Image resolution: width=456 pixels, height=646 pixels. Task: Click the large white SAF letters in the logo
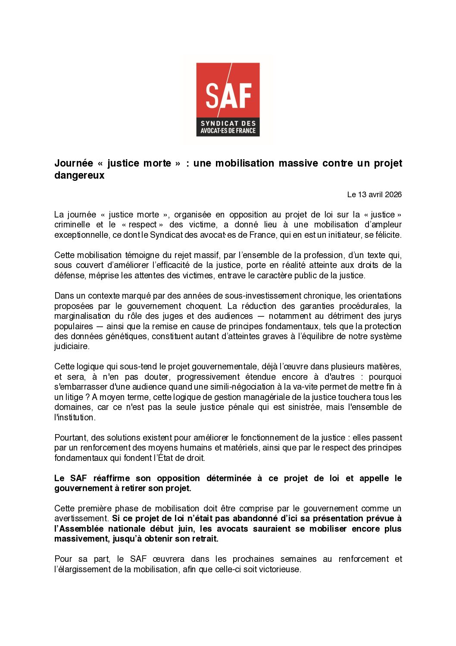click(228, 96)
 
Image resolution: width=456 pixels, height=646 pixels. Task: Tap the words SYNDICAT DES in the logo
click(228, 123)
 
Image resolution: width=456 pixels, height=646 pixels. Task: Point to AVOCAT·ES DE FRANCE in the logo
click(228, 131)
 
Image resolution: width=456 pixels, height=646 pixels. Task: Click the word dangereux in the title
click(79, 175)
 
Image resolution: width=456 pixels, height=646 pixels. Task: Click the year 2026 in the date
click(393, 195)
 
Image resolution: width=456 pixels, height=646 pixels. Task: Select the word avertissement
click(81, 518)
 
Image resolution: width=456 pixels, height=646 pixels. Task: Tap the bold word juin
click(186, 529)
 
